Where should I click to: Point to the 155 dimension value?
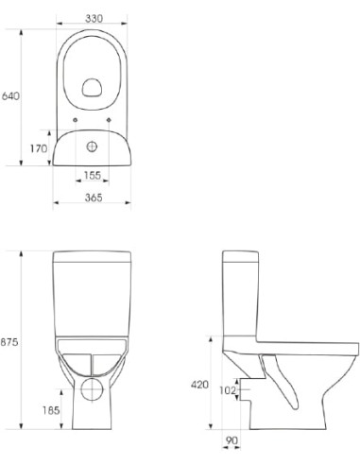93,177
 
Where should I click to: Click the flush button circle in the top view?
93,147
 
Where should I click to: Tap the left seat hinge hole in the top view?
75,119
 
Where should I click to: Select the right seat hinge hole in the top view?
111,119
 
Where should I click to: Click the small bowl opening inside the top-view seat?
93,88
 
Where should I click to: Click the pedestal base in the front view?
93,416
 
